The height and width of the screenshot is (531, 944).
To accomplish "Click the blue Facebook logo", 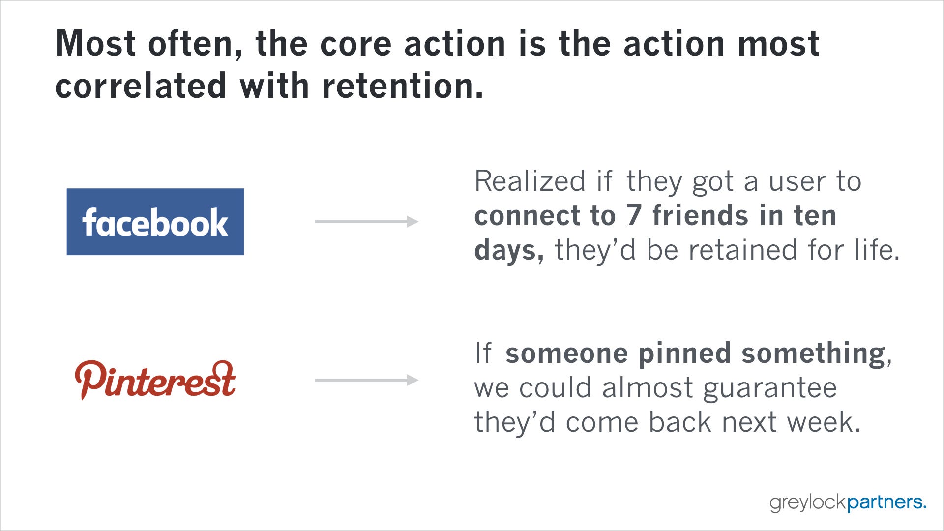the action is [155, 222].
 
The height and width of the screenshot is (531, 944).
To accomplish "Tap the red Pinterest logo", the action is [155, 380].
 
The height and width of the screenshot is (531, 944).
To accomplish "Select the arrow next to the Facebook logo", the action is [367, 222].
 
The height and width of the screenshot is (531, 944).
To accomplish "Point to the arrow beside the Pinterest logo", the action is [367, 380].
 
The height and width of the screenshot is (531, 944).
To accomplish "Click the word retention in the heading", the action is [403, 86].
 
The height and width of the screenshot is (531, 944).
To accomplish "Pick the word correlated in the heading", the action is [141, 86].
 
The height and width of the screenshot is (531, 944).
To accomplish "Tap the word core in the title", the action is [356, 44].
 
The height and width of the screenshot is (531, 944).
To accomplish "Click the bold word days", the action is [509, 251].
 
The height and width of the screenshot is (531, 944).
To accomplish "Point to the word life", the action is [877, 250].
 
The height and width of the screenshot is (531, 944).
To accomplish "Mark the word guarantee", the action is [770, 388].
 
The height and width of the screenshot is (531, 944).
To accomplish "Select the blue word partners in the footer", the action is [887, 502].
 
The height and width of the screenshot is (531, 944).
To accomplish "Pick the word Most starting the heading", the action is [96, 44].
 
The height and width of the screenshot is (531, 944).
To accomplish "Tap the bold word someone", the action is [567, 354].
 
